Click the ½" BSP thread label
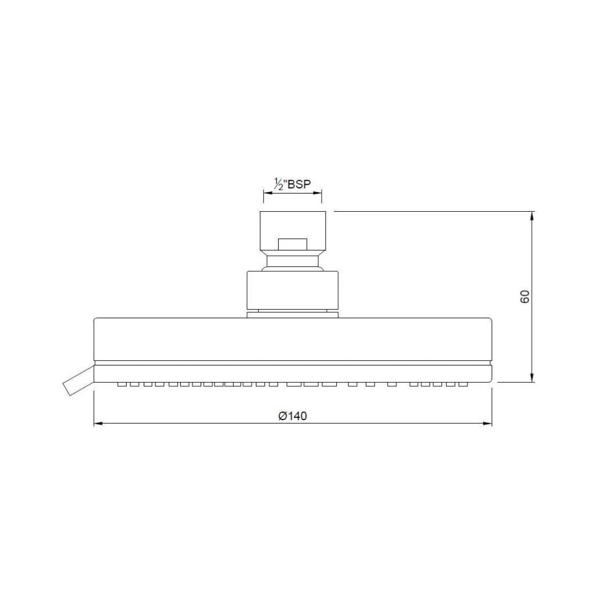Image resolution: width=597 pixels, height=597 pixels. (292, 184)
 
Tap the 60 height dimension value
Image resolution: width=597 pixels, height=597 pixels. (525, 296)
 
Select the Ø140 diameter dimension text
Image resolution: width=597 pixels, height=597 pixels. (292, 416)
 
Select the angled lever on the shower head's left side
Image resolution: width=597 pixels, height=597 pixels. (77, 382)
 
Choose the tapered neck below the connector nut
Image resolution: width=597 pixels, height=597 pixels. (292, 261)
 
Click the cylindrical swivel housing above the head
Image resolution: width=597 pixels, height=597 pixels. (292, 290)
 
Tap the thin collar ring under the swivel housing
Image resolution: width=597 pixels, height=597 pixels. (292, 314)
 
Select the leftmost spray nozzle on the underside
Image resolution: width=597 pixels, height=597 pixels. (122, 384)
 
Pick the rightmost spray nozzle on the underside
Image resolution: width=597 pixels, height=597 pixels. (463, 384)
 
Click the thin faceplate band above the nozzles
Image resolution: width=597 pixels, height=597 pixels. (292, 373)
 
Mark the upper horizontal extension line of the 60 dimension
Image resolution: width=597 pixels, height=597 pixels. (431, 211)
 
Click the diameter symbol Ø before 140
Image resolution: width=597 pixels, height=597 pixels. (282, 416)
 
